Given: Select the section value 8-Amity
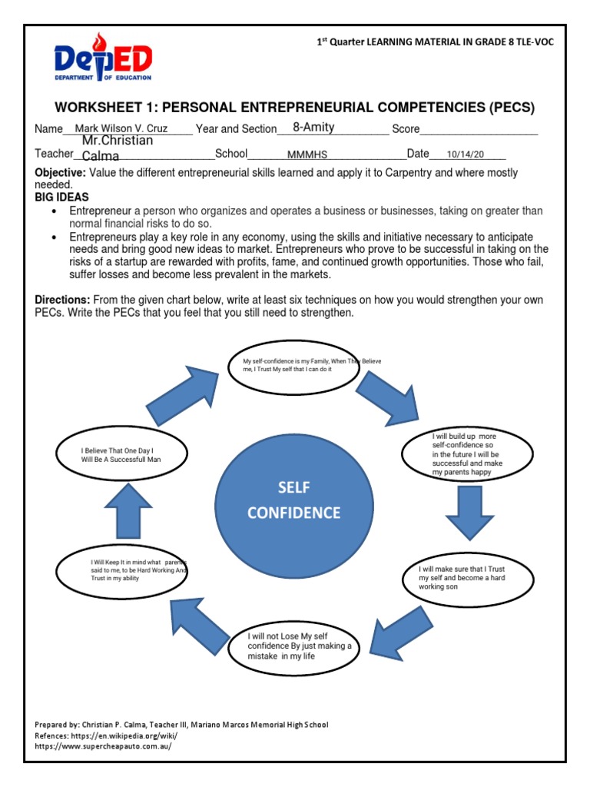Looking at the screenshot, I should pyautogui.click(x=313, y=128).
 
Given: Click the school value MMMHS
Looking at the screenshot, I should pyautogui.click(x=308, y=155).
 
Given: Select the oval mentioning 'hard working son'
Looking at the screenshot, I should pyautogui.click(x=467, y=577).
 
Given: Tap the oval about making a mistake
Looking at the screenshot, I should pyautogui.click(x=293, y=646).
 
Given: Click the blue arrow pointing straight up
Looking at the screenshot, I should pyautogui.click(x=121, y=511).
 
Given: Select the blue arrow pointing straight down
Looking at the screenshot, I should pyautogui.click(x=470, y=512).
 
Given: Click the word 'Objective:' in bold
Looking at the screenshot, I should pyautogui.click(x=60, y=173).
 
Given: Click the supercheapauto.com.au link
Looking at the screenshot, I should pyautogui.click(x=103, y=746).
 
